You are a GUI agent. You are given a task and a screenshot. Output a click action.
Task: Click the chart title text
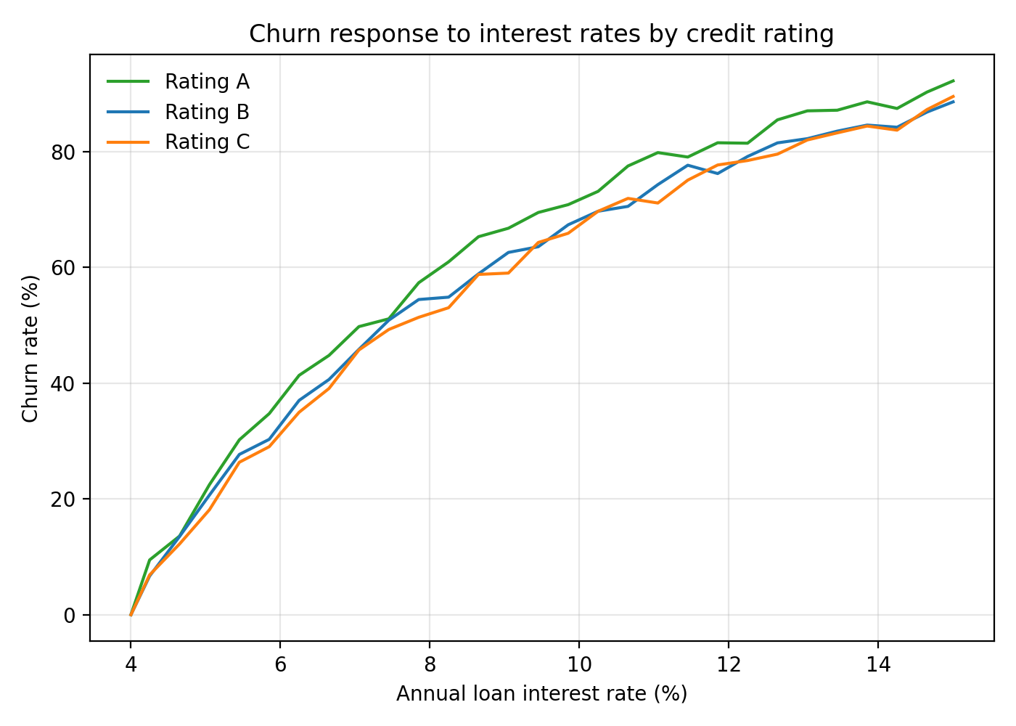coord(541,34)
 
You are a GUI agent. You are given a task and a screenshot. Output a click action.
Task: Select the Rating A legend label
coord(207,81)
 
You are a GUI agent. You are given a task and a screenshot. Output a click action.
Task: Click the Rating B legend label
coord(207,112)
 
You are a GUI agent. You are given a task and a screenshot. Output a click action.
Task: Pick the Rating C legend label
coord(207,142)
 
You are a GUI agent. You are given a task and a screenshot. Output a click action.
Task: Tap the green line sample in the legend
coord(128,81)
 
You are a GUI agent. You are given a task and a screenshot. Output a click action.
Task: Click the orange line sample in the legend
coord(128,142)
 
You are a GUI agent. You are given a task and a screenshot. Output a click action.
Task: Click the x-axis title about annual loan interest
coord(541,694)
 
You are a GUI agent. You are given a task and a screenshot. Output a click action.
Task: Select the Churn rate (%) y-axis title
coord(30,348)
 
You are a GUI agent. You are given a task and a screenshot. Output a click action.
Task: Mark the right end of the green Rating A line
coord(953,81)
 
